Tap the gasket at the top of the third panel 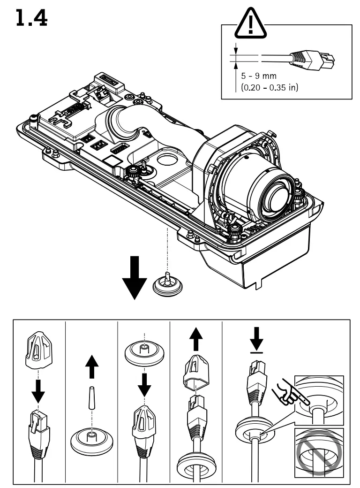tap(144, 351)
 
